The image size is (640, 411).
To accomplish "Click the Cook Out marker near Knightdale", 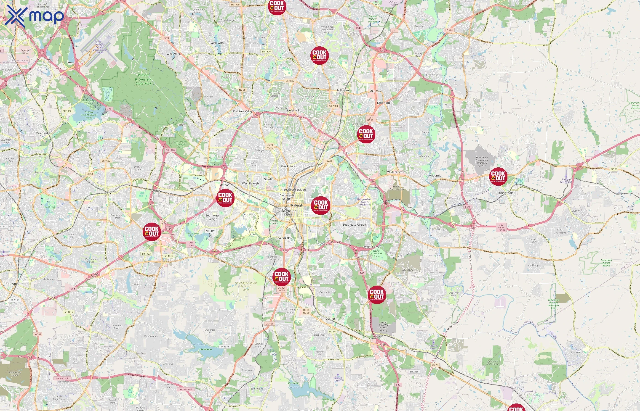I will click(498, 177).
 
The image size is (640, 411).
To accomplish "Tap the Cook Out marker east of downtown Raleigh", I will click(320, 206).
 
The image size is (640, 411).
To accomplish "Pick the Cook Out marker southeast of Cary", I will click(152, 232).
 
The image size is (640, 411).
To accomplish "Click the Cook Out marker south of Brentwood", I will click(366, 134).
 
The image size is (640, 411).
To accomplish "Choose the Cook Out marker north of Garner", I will click(377, 295).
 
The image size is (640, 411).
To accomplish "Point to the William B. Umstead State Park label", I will click(144, 79).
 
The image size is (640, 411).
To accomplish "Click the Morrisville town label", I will click(43, 133).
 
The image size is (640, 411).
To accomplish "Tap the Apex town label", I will click(16, 284).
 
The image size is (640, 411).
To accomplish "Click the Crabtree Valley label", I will click(243, 111).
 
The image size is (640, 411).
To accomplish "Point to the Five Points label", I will click(288, 166).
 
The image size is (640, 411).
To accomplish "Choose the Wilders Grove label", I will click(396, 172).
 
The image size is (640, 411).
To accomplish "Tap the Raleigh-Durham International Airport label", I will click(100, 48).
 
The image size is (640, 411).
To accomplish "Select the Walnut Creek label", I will click(372, 247).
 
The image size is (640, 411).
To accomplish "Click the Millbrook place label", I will click(343, 90).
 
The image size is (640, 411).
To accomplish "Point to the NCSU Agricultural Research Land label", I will click(246, 286).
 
